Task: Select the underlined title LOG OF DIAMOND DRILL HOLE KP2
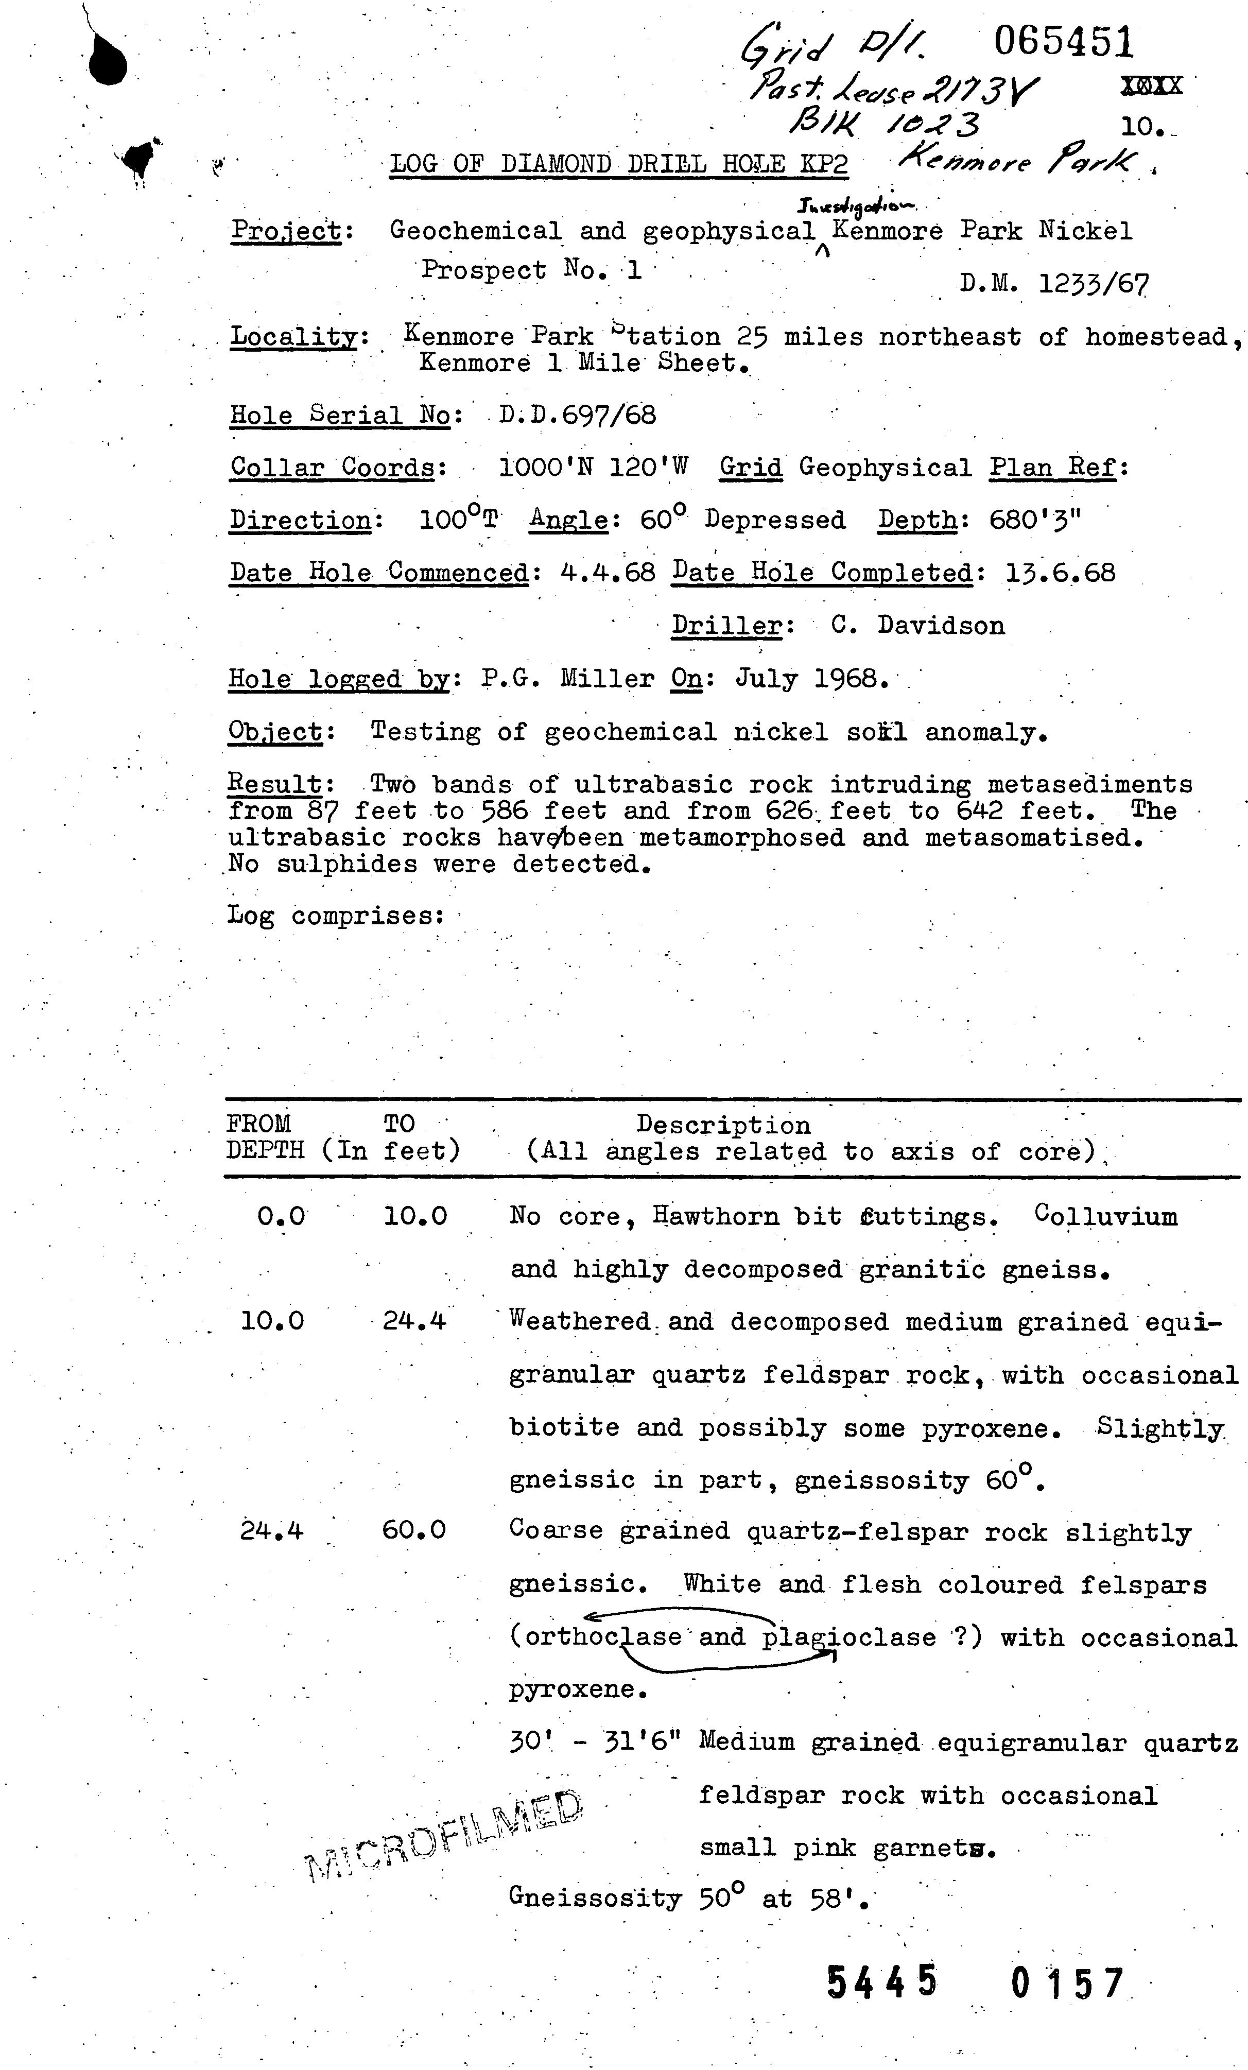618,163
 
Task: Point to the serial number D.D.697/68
577,414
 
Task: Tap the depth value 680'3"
1035,520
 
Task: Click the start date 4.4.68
606,573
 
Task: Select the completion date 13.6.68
1060,573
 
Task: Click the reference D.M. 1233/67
1054,284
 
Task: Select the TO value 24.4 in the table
414,1321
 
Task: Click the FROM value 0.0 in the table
281,1216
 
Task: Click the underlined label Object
274,732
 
